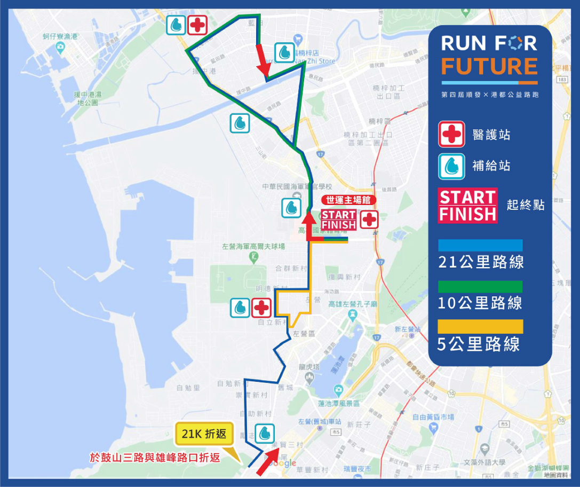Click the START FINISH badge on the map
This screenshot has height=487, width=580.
point(338,219)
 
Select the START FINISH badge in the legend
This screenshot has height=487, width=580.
point(467,205)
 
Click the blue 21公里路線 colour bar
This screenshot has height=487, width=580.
point(480,245)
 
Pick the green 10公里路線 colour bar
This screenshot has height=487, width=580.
point(480,286)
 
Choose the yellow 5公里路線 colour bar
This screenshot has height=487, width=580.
point(480,327)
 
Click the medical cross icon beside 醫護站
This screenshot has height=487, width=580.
point(451,134)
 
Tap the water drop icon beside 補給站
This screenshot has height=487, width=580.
point(451,166)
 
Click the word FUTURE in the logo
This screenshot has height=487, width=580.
point(489,66)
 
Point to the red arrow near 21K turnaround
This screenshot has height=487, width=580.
point(268,461)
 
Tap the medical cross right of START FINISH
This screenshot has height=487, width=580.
point(369,219)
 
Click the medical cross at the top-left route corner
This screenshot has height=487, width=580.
point(197,25)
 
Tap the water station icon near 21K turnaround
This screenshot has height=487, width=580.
point(264,434)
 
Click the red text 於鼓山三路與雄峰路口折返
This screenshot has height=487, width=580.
point(155,458)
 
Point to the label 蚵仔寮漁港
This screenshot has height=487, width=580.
point(60,36)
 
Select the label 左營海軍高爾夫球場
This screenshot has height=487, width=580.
point(253,246)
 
